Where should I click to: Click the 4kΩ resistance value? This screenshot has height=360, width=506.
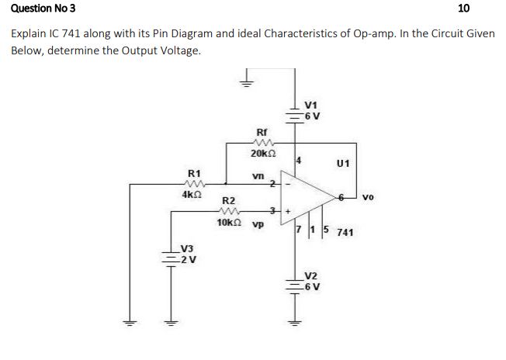click(x=192, y=195)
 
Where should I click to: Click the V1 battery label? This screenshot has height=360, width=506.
click(x=312, y=106)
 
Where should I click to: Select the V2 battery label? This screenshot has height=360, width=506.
click(x=311, y=275)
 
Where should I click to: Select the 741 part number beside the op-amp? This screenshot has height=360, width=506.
click(x=347, y=232)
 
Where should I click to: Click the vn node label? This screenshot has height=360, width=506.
click(x=258, y=176)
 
